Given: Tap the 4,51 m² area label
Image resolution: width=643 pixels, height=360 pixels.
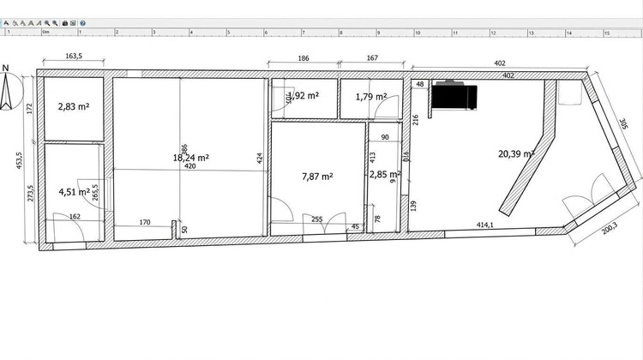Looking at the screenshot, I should (x=73, y=191).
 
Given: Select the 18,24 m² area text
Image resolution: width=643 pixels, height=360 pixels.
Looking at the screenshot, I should (x=191, y=158).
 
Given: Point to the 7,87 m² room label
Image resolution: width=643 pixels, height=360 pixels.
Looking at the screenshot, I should (x=317, y=177).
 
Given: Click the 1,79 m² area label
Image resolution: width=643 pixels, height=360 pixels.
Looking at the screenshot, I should (x=370, y=97).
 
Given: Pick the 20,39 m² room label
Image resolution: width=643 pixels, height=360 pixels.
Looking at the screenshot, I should (x=516, y=154).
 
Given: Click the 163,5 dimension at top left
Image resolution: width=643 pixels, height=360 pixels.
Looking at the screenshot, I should (x=74, y=57).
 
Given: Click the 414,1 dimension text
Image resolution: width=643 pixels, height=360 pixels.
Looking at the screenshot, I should (x=485, y=225).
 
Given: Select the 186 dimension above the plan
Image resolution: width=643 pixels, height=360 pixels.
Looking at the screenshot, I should (x=303, y=58).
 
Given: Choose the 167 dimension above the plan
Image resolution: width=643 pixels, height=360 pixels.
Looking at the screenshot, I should (x=372, y=58).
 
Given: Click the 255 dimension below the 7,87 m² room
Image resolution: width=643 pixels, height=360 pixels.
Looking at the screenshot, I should (x=316, y=219).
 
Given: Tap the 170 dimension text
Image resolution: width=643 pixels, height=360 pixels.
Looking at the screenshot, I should (x=144, y=223).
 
